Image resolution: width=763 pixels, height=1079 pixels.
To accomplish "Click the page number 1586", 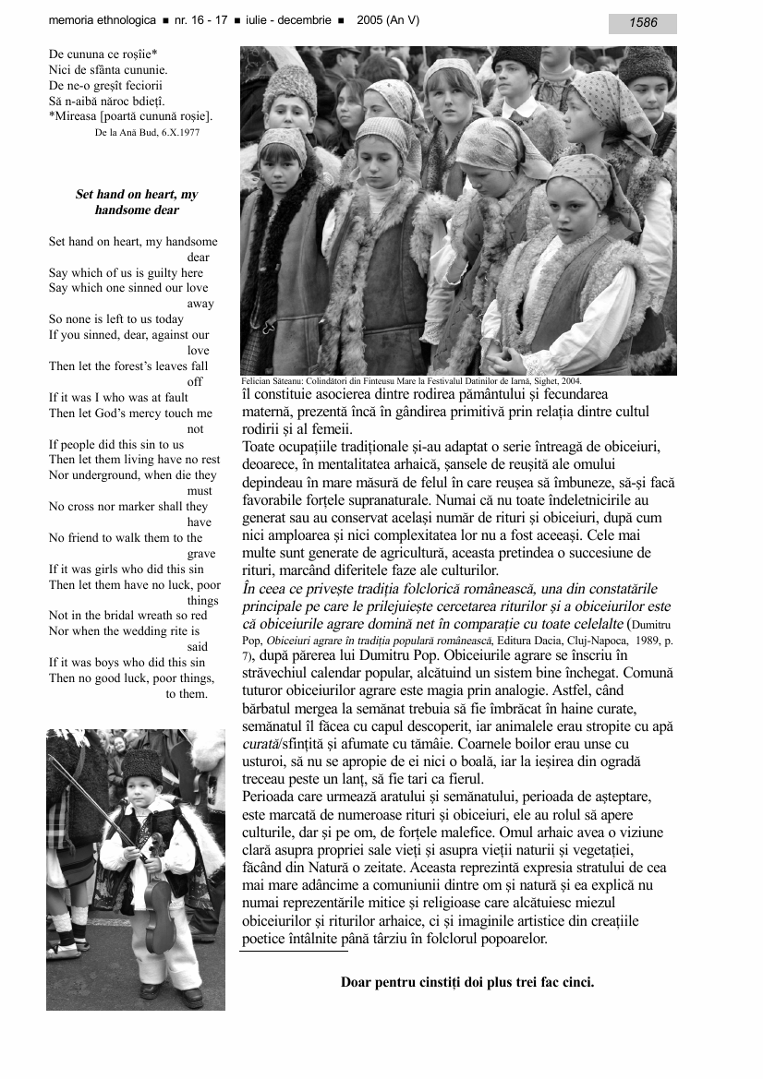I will tap(643, 23).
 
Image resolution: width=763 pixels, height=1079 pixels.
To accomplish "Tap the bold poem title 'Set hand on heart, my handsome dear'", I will tap(137, 203).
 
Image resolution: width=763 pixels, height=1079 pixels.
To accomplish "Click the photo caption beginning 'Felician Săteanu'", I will tap(411, 380).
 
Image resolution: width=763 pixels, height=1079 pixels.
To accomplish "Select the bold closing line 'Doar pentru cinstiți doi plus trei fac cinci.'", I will tap(467, 982).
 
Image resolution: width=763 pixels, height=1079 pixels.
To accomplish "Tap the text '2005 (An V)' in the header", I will tap(388, 20).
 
